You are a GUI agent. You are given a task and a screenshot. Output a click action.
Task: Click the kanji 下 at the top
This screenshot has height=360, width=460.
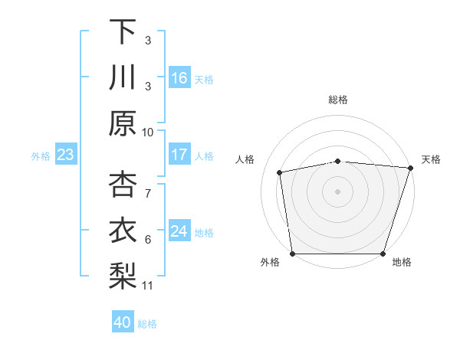[x=123, y=32]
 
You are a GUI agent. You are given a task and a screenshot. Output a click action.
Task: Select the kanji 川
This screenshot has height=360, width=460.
[x=123, y=77]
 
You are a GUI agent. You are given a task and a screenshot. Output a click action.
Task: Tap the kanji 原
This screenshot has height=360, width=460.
[x=123, y=123]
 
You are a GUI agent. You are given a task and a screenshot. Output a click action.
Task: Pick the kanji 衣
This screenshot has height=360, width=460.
[x=123, y=228]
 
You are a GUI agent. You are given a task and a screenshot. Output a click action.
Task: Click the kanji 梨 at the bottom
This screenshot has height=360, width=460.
[x=123, y=274]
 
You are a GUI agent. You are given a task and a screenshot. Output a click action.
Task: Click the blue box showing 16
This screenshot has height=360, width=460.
[x=179, y=78]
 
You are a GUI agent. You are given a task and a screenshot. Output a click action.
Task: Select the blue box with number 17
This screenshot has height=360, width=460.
[x=179, y=155]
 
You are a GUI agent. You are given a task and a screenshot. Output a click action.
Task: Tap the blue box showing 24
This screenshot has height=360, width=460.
[x=179, y=231]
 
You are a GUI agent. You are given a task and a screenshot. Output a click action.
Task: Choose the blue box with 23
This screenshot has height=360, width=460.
[x=65, y=155]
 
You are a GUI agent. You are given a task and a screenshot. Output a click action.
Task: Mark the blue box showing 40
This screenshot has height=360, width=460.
[x=123, y=322]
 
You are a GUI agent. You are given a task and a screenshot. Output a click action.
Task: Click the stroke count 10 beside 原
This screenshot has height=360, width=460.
[x=148, y=132]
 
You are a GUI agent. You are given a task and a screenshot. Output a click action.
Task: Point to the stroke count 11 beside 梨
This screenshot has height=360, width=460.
[x=148, y=286]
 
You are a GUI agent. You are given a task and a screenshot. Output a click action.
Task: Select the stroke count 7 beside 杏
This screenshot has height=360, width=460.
[x=148, y=186]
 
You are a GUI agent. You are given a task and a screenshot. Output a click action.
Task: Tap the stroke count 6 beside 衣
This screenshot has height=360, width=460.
[x=148, y=240]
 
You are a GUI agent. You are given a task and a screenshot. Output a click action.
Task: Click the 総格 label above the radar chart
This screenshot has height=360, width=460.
[x=338, y=100]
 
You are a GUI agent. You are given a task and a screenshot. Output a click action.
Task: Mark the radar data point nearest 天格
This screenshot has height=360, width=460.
[x=410, y=168]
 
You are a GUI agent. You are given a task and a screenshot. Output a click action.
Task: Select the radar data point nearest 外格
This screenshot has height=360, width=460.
[x=293, y=254]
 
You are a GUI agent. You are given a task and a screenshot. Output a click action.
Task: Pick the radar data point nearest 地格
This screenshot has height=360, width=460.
[x=383, y=254]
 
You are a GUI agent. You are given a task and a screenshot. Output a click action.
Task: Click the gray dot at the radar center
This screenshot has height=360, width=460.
[x=337, y=191]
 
